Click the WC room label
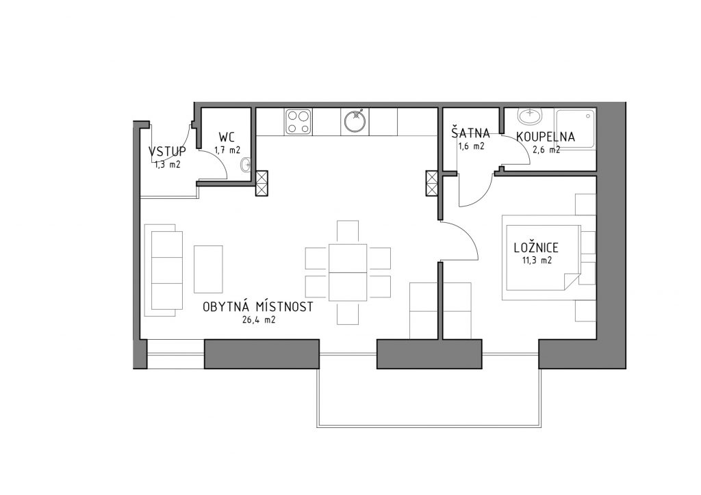pos(227,136)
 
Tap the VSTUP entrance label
pos(167,151)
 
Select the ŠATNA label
pos(470,133)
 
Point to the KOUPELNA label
pos(546,136)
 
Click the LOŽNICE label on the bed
pos(536,247)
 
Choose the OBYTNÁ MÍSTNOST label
pos(257,307)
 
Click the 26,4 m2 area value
pos(259,320)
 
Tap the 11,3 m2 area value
pos(536,260)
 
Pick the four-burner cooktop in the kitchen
pos(298,122)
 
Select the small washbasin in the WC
pos(246,165)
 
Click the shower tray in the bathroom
pos(575,129)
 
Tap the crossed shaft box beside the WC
pos(262,183)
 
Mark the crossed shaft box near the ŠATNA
pos(433,183)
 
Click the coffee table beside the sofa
pos(208,269)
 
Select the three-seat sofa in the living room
pos(164,270)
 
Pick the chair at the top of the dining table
pos(348,232)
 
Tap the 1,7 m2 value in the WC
pos(227,150)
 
